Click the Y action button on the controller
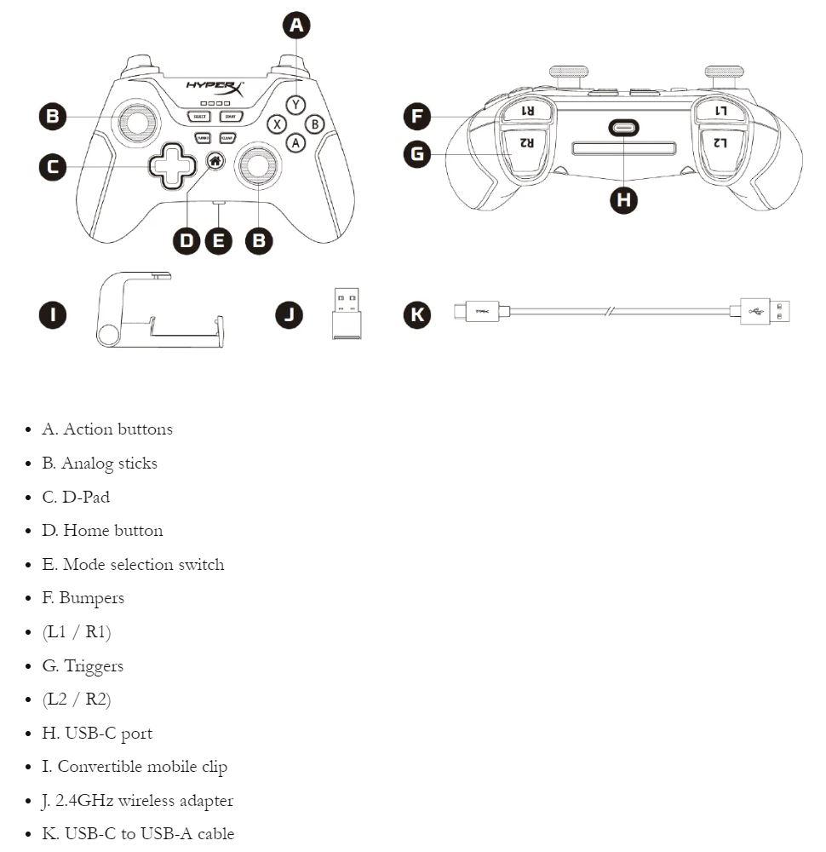click(x=295, y=105)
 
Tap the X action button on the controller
click(x=276, y=124)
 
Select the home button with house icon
click(x=215, y=159)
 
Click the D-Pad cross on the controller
click(x=171, y=166)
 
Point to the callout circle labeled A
click(x=296, y=25)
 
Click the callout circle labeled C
click(x=53, y=167)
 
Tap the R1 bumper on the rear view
click(x=527, y=111)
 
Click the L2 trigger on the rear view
click(x=720, y=143)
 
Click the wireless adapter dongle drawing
click(x=345, y=314)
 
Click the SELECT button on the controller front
click(x=200, y=116)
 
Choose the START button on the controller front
click(x=229, y=116)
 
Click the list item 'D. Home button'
click(x=102, y=530)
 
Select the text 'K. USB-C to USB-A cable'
click(x=138, y=833)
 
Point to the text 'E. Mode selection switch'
click(x=133, y=564)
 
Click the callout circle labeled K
click(x=416, y=314)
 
